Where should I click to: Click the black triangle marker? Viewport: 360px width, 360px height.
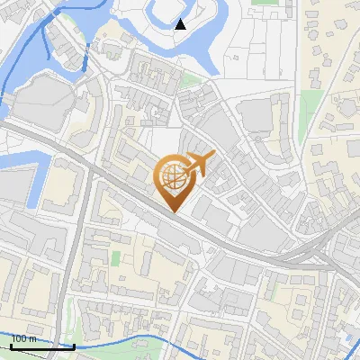click(x=180, y=23)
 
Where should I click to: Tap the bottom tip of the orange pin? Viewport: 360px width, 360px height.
click(x=173, y=211)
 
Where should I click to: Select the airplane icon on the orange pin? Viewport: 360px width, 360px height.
click(x=198, y=165)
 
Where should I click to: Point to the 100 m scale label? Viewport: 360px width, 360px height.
click(x=24, y=338)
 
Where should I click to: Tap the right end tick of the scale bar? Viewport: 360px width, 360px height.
click(x=73, y=344)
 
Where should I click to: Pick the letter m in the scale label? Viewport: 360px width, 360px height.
click(x=34, y=338)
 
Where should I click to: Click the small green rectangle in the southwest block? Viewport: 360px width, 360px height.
click(x=115, y=258)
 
